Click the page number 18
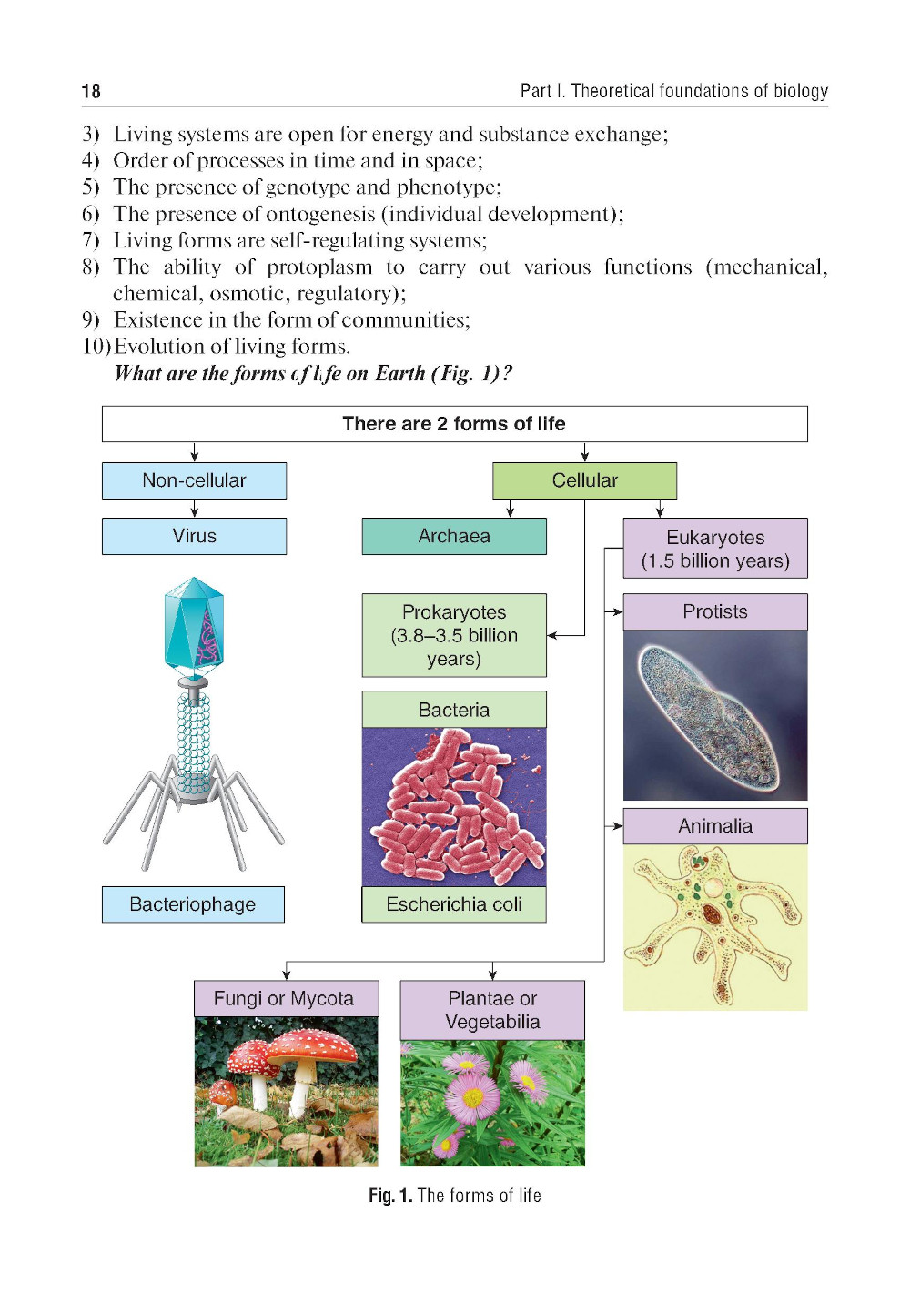(91, 91)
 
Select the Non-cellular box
(194, 480)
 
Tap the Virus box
(194, 536)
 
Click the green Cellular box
(584, 480)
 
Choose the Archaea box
(454, 536)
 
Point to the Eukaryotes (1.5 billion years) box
(715, 549)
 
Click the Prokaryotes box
(454, 635)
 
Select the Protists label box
(715, 611)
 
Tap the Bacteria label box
(454, 710)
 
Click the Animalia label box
(715, 826)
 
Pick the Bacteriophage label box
(193, 904)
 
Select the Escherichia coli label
(454, 904)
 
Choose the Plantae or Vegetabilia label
(492, 1010)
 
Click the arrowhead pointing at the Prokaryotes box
(552, 635)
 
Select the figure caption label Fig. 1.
(390, 1196)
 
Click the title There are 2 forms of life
(454, 424)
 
